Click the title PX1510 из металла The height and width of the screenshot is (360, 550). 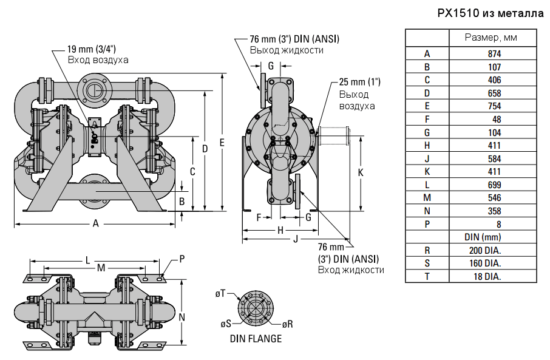(x=491, y=13)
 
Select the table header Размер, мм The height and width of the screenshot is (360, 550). (x=491, y=38)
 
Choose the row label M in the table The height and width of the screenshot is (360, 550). (x=427, y=198)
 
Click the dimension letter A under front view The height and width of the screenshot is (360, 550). (x=95, y=223)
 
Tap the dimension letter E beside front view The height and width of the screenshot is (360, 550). (x=223, y=143)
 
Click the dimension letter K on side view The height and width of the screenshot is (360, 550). (x=361, y=172)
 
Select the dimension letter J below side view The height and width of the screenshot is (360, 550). (x=296, y=240)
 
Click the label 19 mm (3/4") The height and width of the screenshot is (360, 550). (x=92, y=49)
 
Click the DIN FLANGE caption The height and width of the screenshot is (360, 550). (x=256, y=339)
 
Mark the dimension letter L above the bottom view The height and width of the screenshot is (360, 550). (x=88, y=260)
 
